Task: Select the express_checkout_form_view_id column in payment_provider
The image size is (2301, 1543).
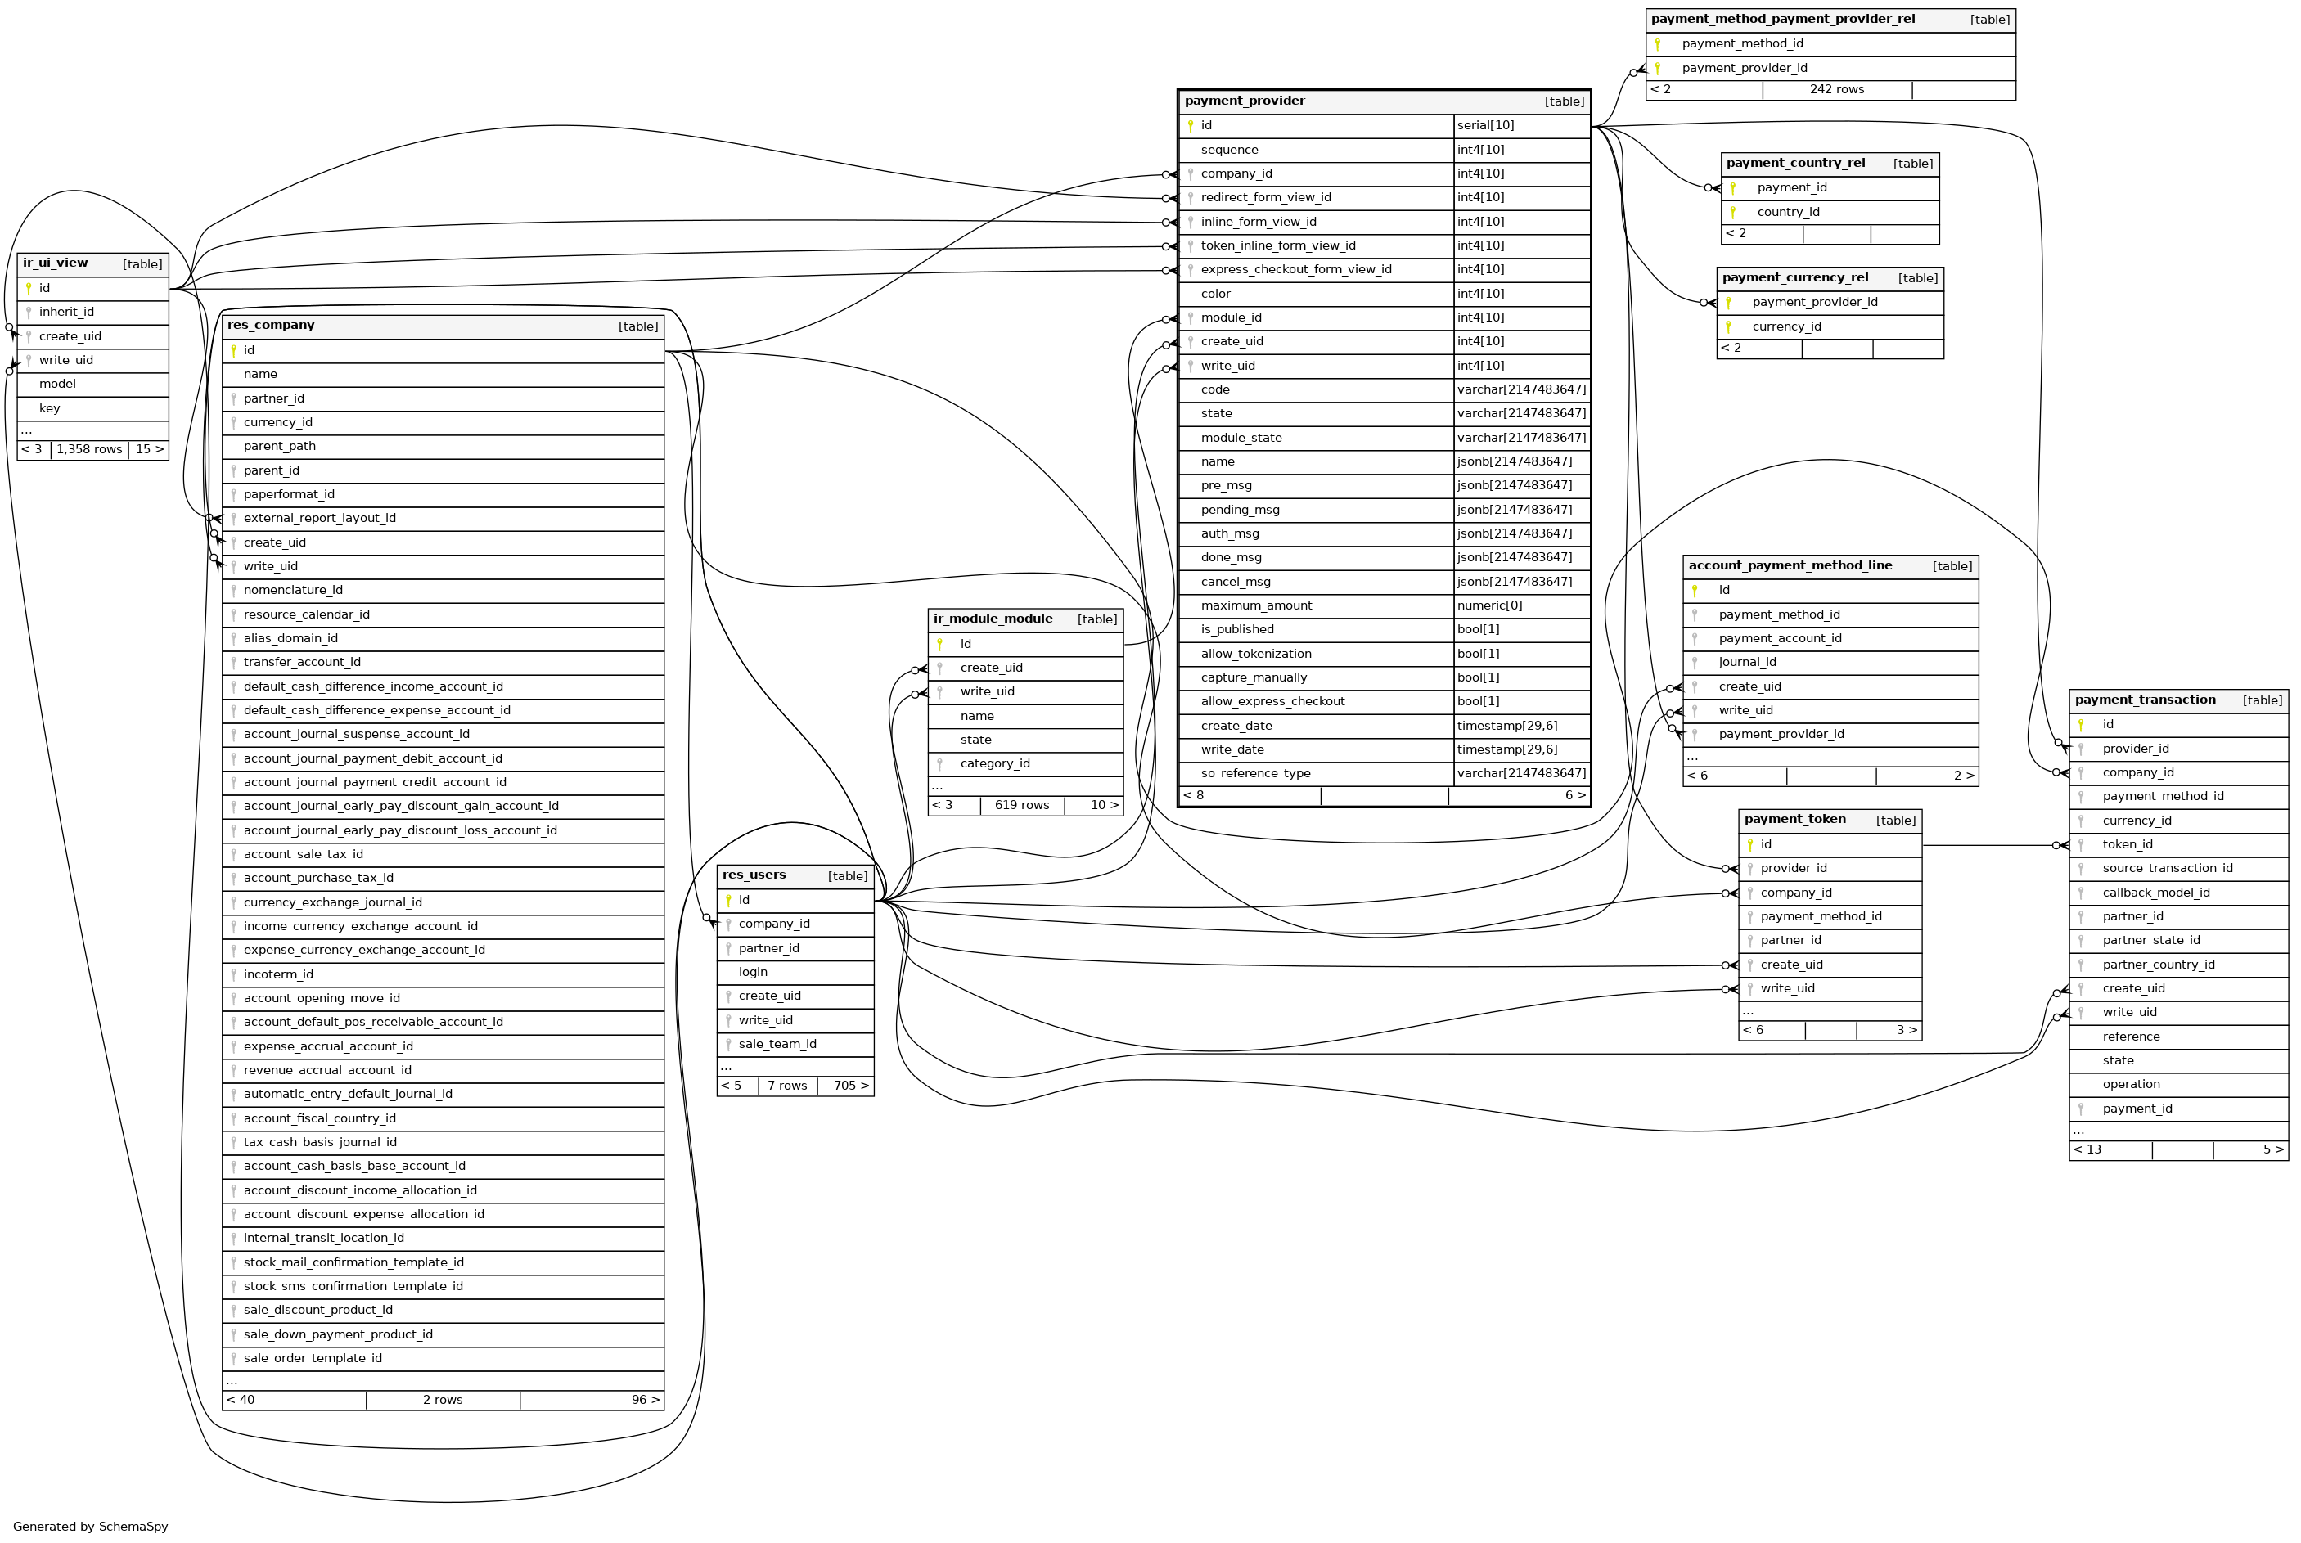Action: [x=1295, y=270]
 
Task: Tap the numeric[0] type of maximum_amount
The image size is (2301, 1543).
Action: [x=1489, y=606]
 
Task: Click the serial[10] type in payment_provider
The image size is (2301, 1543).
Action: [x=1485, y=126]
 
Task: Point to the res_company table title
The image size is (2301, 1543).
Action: [x=271, y=326]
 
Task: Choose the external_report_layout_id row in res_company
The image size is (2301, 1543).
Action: [x=319, y=519]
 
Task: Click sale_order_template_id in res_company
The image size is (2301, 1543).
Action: [x=312, y=1359]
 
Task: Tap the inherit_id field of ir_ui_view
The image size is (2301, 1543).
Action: [x=66, y=312]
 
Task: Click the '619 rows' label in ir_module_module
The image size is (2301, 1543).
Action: [x=1021, y=806]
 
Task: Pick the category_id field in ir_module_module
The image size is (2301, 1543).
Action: [x=994, y=763]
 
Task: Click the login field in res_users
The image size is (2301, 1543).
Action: [x=753, y=972]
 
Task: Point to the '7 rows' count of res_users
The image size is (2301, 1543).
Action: [x=786, y=1086]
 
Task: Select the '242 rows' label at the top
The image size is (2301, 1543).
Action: [x=1836, y=89]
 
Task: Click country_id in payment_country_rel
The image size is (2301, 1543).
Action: [x=1787, y=213]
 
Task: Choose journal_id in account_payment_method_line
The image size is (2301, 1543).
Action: [x=1747, y=662]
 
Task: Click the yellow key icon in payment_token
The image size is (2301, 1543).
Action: [x=1749, y=845]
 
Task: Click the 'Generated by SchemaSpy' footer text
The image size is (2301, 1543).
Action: [x=91, y=1527]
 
